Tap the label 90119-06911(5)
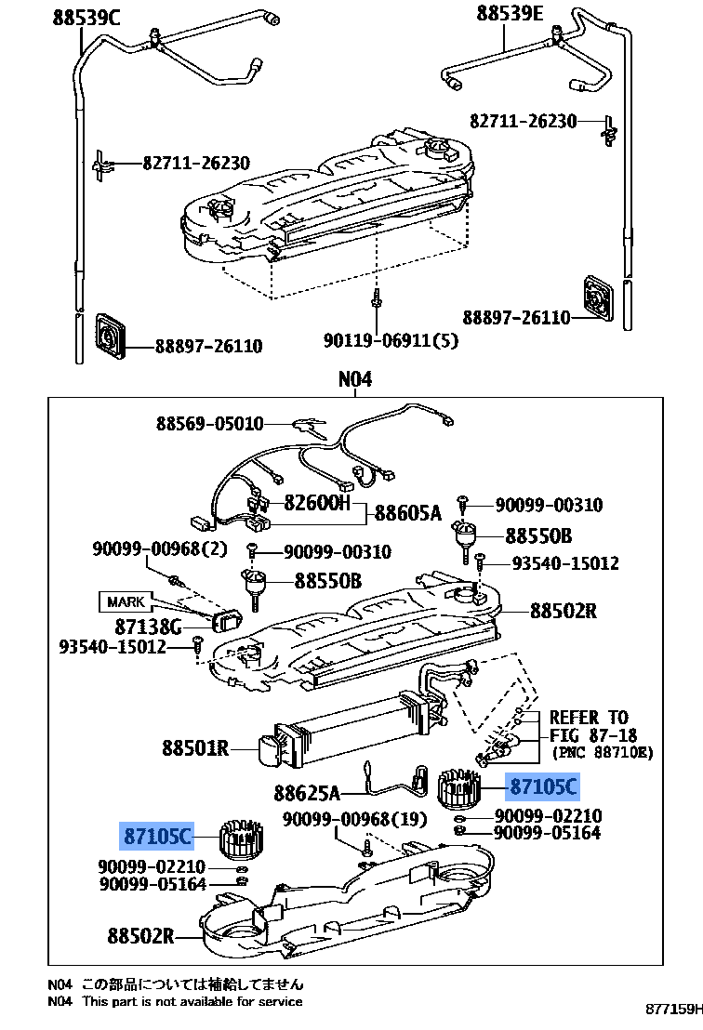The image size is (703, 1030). pyautogui.click(x=391, y=341)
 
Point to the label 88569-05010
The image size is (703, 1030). pyautogui.click(x=209, y=424)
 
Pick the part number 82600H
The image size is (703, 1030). pyautogui.click(x=317, y=503)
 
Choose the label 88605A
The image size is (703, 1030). pyautogui.click(x=407, y=512)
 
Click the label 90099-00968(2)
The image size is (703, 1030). pyautogui.click(x=159, y=548)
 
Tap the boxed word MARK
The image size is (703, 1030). pyautogui.click(x=126, y=601)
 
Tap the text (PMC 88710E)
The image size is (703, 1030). pyautogui.click(x=603, y=751)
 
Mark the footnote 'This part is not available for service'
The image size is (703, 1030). pyautogui.click(x=192, y=1001)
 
